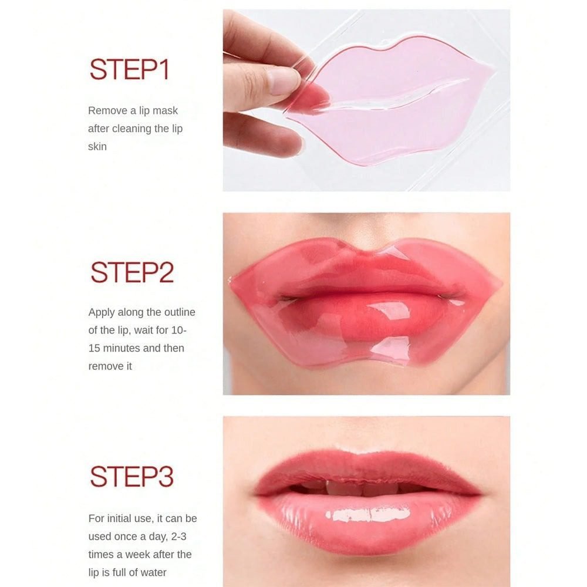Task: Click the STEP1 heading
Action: pos(130,69)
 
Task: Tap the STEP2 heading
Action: pos(132,272)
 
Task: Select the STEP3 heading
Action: pos(131,476)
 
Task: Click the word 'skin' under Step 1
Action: pos(97,146)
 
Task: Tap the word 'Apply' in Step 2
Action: pos(102,313)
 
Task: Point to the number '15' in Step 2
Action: pos(95,348)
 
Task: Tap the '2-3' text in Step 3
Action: pos(178,537)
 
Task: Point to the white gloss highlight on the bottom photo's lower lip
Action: pos(368,514)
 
